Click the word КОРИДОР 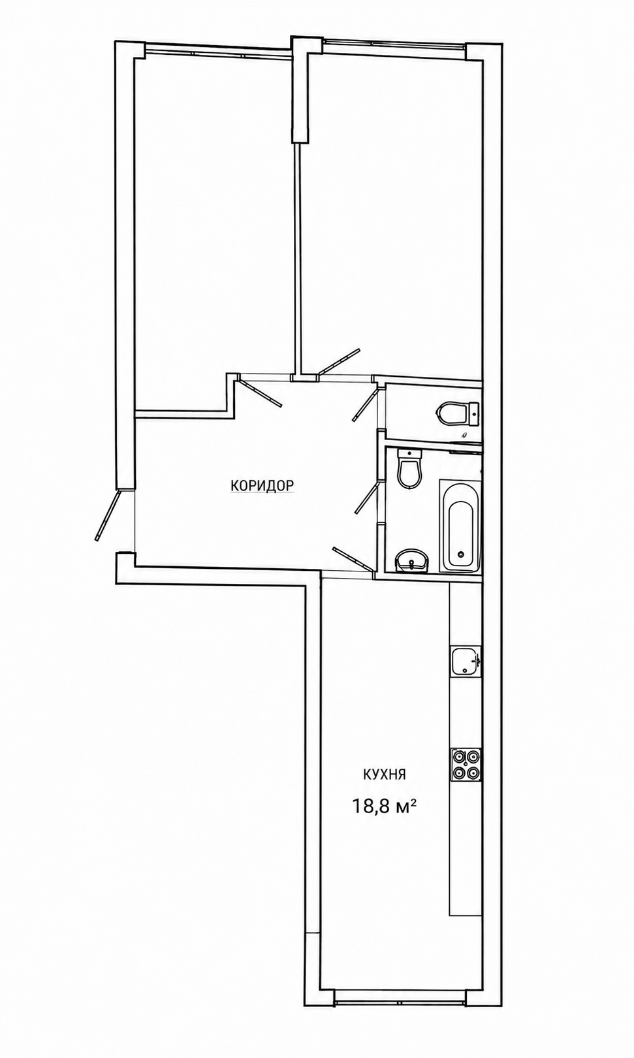[262, 485]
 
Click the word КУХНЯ [384, 775]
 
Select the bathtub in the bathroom [460, 526]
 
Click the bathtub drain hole [461, 555]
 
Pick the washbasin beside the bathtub [411, 561]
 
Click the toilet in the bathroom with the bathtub [409, 468]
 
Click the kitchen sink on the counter [466, 661]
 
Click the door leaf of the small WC [366, 404]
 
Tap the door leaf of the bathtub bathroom [368, 498]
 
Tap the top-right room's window [394, 43]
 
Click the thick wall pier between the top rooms [300, 89]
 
